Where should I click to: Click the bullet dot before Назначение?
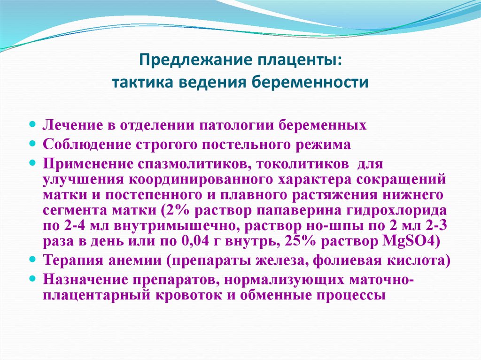(x=33, y=278)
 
